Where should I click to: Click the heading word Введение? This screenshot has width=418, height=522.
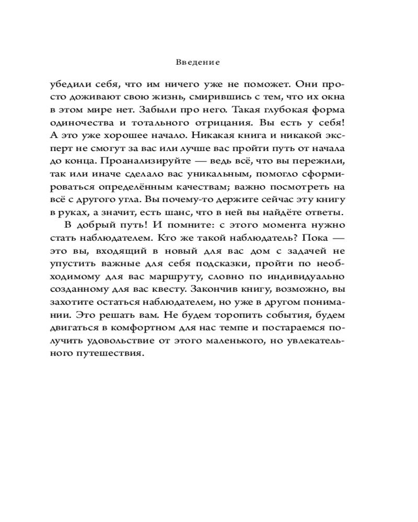click(x=198, y=62)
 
